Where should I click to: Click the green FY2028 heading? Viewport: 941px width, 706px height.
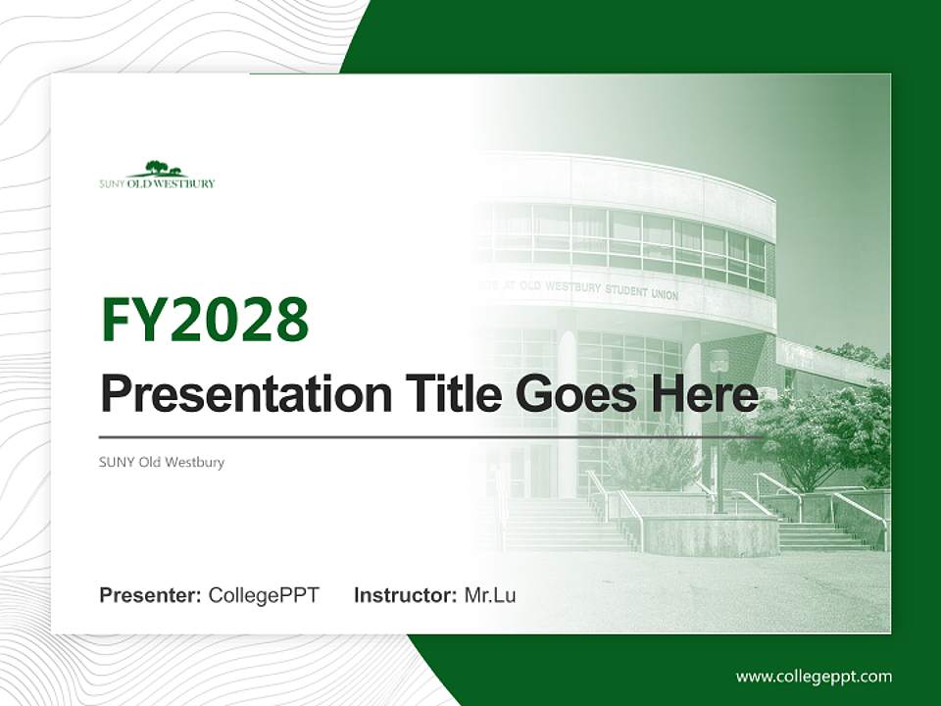point(205,320)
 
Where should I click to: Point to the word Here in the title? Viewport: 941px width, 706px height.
point(704,394)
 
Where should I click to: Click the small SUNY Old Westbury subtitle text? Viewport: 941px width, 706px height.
point(162,462)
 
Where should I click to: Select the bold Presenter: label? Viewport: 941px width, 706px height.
point(151,595)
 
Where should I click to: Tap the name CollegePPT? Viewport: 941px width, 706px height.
point(264,595)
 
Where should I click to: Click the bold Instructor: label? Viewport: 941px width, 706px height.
point(405,595)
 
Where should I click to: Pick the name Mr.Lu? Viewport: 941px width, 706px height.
point(490,595)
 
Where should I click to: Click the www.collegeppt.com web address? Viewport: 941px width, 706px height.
point(814,676)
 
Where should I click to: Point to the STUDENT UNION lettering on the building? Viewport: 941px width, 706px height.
point(637,292)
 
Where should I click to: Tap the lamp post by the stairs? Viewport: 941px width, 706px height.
point(719,431)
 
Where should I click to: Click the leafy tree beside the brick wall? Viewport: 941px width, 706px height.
point(814,431)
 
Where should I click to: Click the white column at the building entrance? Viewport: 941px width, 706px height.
point(567,412)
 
